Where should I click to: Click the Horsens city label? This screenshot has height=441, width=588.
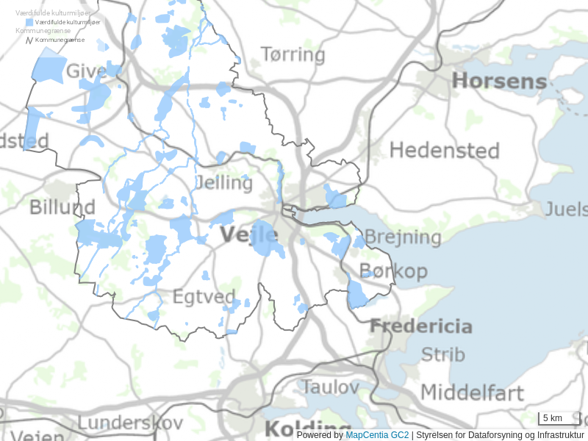pos(500,81)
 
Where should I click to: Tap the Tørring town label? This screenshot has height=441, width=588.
pos(293,54)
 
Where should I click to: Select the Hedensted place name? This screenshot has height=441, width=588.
pos(444,151)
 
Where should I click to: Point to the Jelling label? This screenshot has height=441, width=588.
pos(225,182)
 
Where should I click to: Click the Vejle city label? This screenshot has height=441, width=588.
pos(249,234)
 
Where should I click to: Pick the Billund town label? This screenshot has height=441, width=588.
pos(62,207)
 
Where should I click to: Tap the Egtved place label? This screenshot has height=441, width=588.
pos(204,298)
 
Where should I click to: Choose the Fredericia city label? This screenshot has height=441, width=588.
pos(420,326)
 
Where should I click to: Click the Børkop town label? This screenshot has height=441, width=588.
pos(393,271)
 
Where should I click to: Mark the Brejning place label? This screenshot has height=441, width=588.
pos(403,237)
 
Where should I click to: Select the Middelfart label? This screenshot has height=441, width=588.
pos(472,392)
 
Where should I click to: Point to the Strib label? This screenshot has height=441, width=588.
pos(442,354)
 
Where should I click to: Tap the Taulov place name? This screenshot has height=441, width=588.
pos(331,386)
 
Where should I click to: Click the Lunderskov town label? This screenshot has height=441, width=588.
pos(129,423)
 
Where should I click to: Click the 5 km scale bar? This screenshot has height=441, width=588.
pos(559,419)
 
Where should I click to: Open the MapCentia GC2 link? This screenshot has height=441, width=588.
pos(377,435)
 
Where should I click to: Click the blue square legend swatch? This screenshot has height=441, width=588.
pos(29,23)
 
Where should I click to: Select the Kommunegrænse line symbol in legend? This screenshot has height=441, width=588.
pos(29,40)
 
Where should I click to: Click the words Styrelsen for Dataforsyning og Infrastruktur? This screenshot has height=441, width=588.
pos(500,435)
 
